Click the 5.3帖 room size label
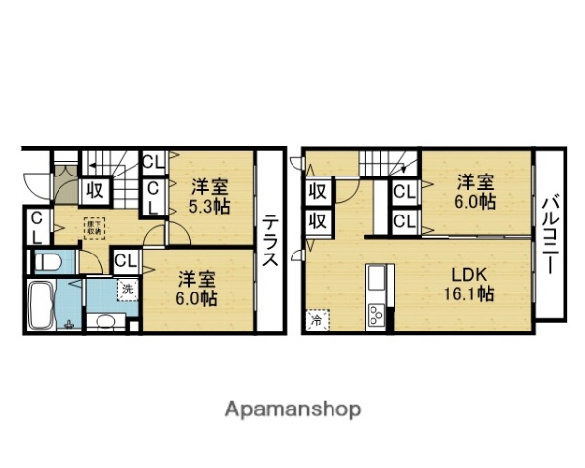pyautogui.click(x=210, y=207)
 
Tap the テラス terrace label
pyautogui.click(x=270, y=241)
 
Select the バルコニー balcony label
pyautogui.click(x=548, y=233)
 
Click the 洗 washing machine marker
pyautogui.click(x=128, y=288)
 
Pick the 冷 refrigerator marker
pyautogui.click(x=317, y=319)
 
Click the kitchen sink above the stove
pyautogui.click(x=375, y=284)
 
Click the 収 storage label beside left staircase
pyautogui.click(x=95, y=189)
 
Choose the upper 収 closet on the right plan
pyautogui.click(x=317, y=192)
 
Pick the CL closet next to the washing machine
pyautogui.click(x=125, y=260)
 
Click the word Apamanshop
pyautogui.click(x=293, y=409)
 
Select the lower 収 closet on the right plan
pyautogui.click(x=317, y=220)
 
